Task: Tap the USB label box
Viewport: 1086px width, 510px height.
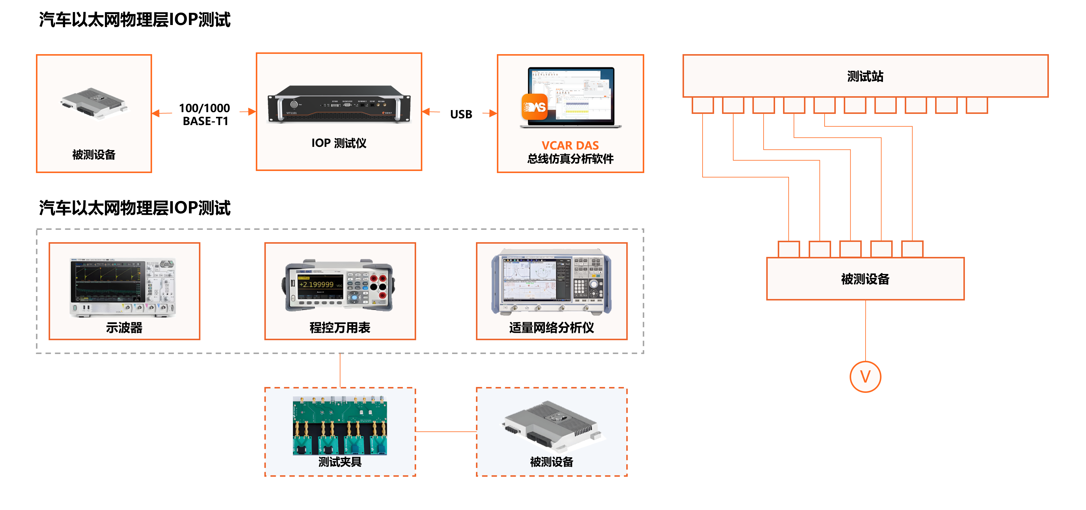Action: pyautogui.click(x=461, y=114)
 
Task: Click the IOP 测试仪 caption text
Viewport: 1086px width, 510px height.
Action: pyautogui.click(x=339, y=143)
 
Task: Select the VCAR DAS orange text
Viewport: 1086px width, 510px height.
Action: pyautogui.click(x=570, y=145)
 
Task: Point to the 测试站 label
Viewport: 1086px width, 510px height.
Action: pyautogui.click(x=865, y=76)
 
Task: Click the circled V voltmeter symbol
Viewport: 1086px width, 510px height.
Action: pyautogui.click(x=865, y=376)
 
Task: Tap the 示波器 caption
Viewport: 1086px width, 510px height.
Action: pyautogui.click(x=124, y=328)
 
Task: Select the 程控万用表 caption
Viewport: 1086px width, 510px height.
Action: pyautogui.click(x=340, y=328)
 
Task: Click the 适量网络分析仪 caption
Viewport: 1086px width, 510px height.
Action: pyautogui.click(x=551, y=328)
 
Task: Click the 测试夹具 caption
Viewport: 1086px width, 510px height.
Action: pyautogui.click(x=340, y=462)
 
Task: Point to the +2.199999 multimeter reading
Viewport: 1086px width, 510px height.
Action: pyautogui.click(x=316, y=285)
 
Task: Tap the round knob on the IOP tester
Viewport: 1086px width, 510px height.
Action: pyautogui.click(x=294, y=104)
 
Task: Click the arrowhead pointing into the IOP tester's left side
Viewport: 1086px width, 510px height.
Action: pyautogui.click(x=252, y=112)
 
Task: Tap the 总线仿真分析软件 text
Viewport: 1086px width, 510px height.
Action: pyautogui.click(x=570, y=159)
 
